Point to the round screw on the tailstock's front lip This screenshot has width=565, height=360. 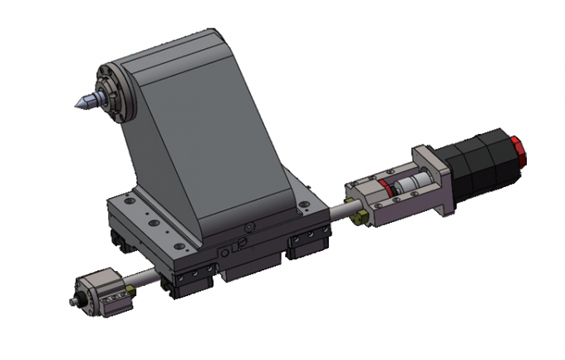point(247,226)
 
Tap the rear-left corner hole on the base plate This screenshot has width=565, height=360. point(124,200)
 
